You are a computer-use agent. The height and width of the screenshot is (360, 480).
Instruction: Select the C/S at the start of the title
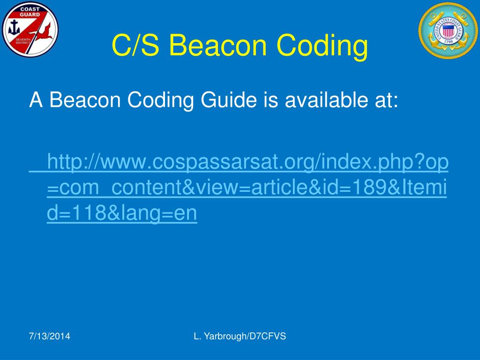click(136, 45)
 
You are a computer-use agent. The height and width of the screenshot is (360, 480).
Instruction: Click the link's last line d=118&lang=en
click(122, 213)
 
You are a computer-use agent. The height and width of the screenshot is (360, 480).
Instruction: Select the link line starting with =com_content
click(247, 187)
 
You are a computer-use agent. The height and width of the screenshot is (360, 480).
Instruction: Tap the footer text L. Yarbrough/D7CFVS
click(240, 336)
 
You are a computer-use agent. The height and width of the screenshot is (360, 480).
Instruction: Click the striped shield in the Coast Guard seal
click(449, 32)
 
